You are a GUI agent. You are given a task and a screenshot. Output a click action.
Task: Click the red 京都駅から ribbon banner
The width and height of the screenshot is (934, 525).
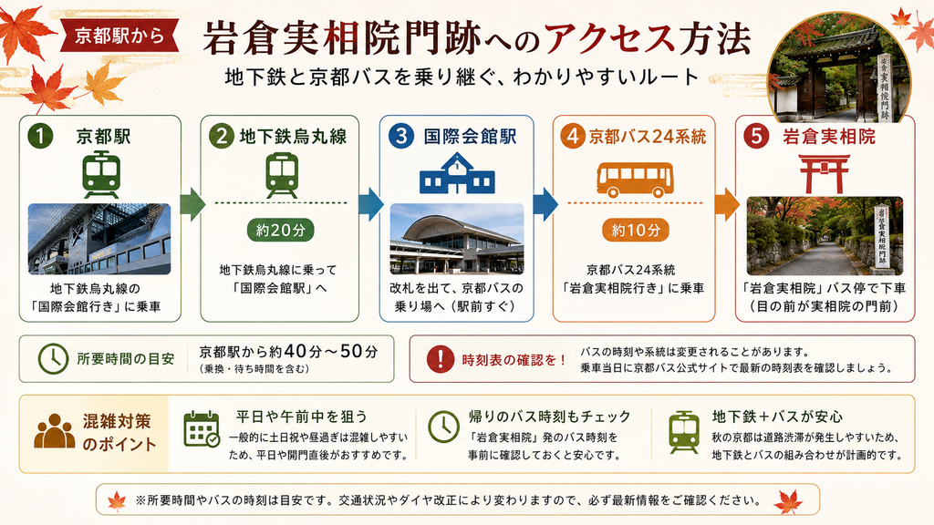119,36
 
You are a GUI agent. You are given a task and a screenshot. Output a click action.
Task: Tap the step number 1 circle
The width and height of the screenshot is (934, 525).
40,137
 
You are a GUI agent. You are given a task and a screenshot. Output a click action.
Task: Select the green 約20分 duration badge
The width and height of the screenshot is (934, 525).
280,230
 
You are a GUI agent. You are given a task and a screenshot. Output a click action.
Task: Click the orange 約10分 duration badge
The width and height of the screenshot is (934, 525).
636,230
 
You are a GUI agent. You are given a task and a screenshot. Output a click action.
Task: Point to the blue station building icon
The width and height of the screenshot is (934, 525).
457,173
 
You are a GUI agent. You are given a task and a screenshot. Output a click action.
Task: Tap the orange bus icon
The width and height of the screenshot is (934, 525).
635,180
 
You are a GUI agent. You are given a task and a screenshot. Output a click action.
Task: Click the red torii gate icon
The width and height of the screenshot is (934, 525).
825,174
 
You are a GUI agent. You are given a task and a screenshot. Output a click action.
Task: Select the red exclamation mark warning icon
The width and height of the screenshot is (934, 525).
441,359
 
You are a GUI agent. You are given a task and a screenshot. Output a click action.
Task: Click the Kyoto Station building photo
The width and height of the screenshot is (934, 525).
99,239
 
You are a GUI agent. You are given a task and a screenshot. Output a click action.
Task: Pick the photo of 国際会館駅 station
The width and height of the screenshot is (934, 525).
457,239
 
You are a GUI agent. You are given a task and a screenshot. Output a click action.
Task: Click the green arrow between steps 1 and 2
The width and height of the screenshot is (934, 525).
192,203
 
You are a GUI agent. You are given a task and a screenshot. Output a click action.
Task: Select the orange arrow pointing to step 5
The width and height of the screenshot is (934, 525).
726,203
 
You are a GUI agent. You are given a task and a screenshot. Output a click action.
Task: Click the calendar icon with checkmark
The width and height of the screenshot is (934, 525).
202,428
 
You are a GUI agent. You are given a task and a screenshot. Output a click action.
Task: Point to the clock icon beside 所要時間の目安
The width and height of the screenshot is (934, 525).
53,359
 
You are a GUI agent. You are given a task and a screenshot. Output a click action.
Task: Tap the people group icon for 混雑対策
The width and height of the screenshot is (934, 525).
55,430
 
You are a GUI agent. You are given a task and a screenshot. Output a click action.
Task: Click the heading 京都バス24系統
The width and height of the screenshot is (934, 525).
648,137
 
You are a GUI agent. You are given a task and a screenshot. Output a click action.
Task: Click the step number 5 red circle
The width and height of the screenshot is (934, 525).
756,137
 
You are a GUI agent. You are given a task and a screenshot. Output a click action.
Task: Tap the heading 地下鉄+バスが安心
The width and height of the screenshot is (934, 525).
777,416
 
